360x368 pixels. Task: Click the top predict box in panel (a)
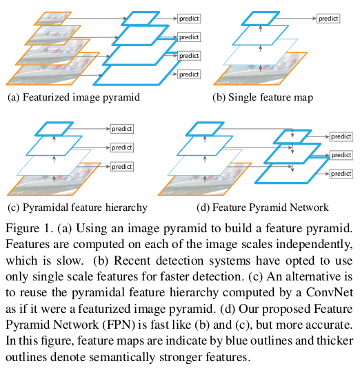point(189,19)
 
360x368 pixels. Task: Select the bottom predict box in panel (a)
point(189,74)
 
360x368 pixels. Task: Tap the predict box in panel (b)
point(328,19)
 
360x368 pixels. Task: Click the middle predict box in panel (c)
point(122,147)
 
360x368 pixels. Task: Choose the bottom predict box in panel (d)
point(341,174)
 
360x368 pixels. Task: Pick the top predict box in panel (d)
point(341,136)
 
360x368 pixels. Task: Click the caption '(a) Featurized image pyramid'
point(74,97)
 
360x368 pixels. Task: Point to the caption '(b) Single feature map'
point(263,97)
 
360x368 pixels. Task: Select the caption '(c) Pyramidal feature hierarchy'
point(77,207)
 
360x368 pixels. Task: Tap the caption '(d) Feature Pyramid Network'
point(263,207)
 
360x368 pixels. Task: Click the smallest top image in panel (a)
point(53,19)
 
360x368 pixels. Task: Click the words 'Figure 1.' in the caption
point(30,228)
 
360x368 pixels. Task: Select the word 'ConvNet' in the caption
point(330,293)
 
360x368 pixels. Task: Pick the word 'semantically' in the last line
point(122,358)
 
